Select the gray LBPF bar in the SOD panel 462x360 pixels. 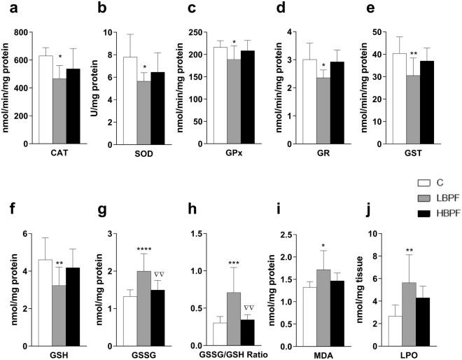click(x=144, y=112)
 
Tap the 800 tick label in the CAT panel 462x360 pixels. click(x=21, y=32)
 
